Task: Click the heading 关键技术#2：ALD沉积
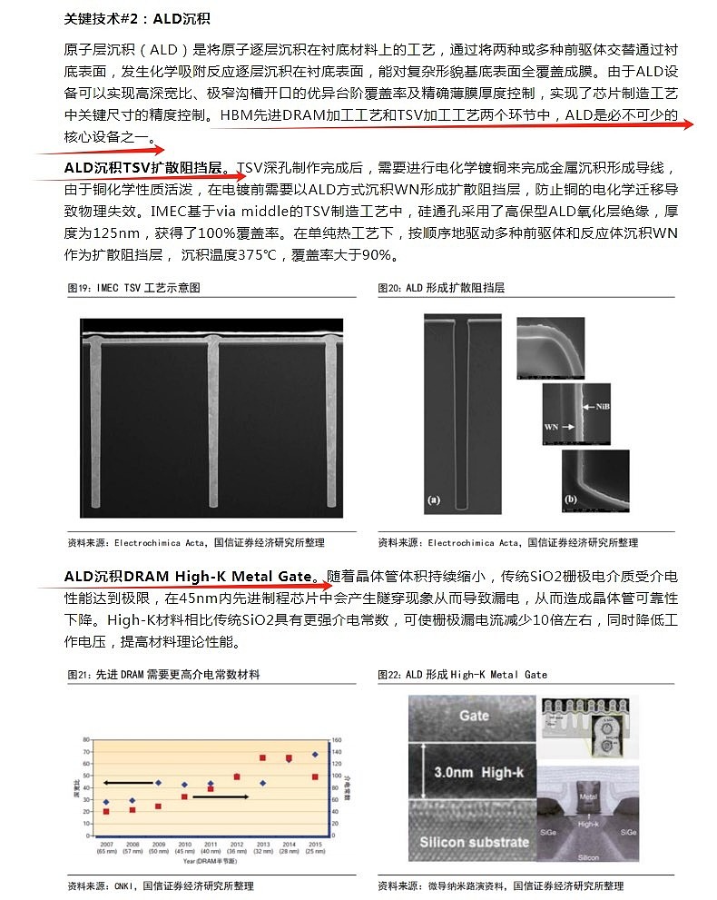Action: click(x=137, y=18)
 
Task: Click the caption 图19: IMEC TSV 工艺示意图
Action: click(x=133, y=288)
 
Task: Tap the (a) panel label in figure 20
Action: click(x=434, y=499)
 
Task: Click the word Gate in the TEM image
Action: click(x=474, y=716)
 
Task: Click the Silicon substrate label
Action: click(x=474, y=842)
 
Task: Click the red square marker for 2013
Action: click(x=262, y=757)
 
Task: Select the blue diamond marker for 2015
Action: click(x=315, y=754)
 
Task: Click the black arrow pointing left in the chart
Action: click(x=127, y=782)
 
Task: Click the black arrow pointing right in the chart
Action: click(x=221, y=796)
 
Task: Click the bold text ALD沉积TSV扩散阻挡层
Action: click(x=142, y=168)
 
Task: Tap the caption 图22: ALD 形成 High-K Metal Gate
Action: click(x=462, y=675)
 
